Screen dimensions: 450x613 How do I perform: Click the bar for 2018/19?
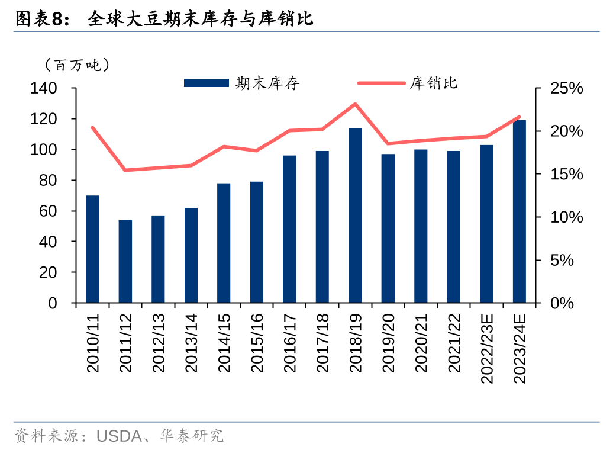[355, 216]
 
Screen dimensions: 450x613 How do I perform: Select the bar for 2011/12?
[125, 262]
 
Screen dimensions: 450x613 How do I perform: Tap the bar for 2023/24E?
[520, 211]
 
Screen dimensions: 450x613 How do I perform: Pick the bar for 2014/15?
[224, 243]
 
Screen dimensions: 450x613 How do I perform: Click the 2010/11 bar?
[92, 249]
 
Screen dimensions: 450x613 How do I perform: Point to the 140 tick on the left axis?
[44, 89]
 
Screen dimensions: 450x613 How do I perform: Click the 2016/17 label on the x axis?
[289, 343]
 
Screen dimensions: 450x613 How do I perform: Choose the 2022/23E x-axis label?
[486, 349]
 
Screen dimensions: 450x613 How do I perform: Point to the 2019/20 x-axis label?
[388, 343]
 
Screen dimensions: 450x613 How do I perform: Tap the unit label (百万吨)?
[77, 65]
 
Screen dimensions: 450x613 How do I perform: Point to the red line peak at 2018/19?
[355, 104]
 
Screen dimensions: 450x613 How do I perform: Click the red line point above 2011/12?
[125, 170]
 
